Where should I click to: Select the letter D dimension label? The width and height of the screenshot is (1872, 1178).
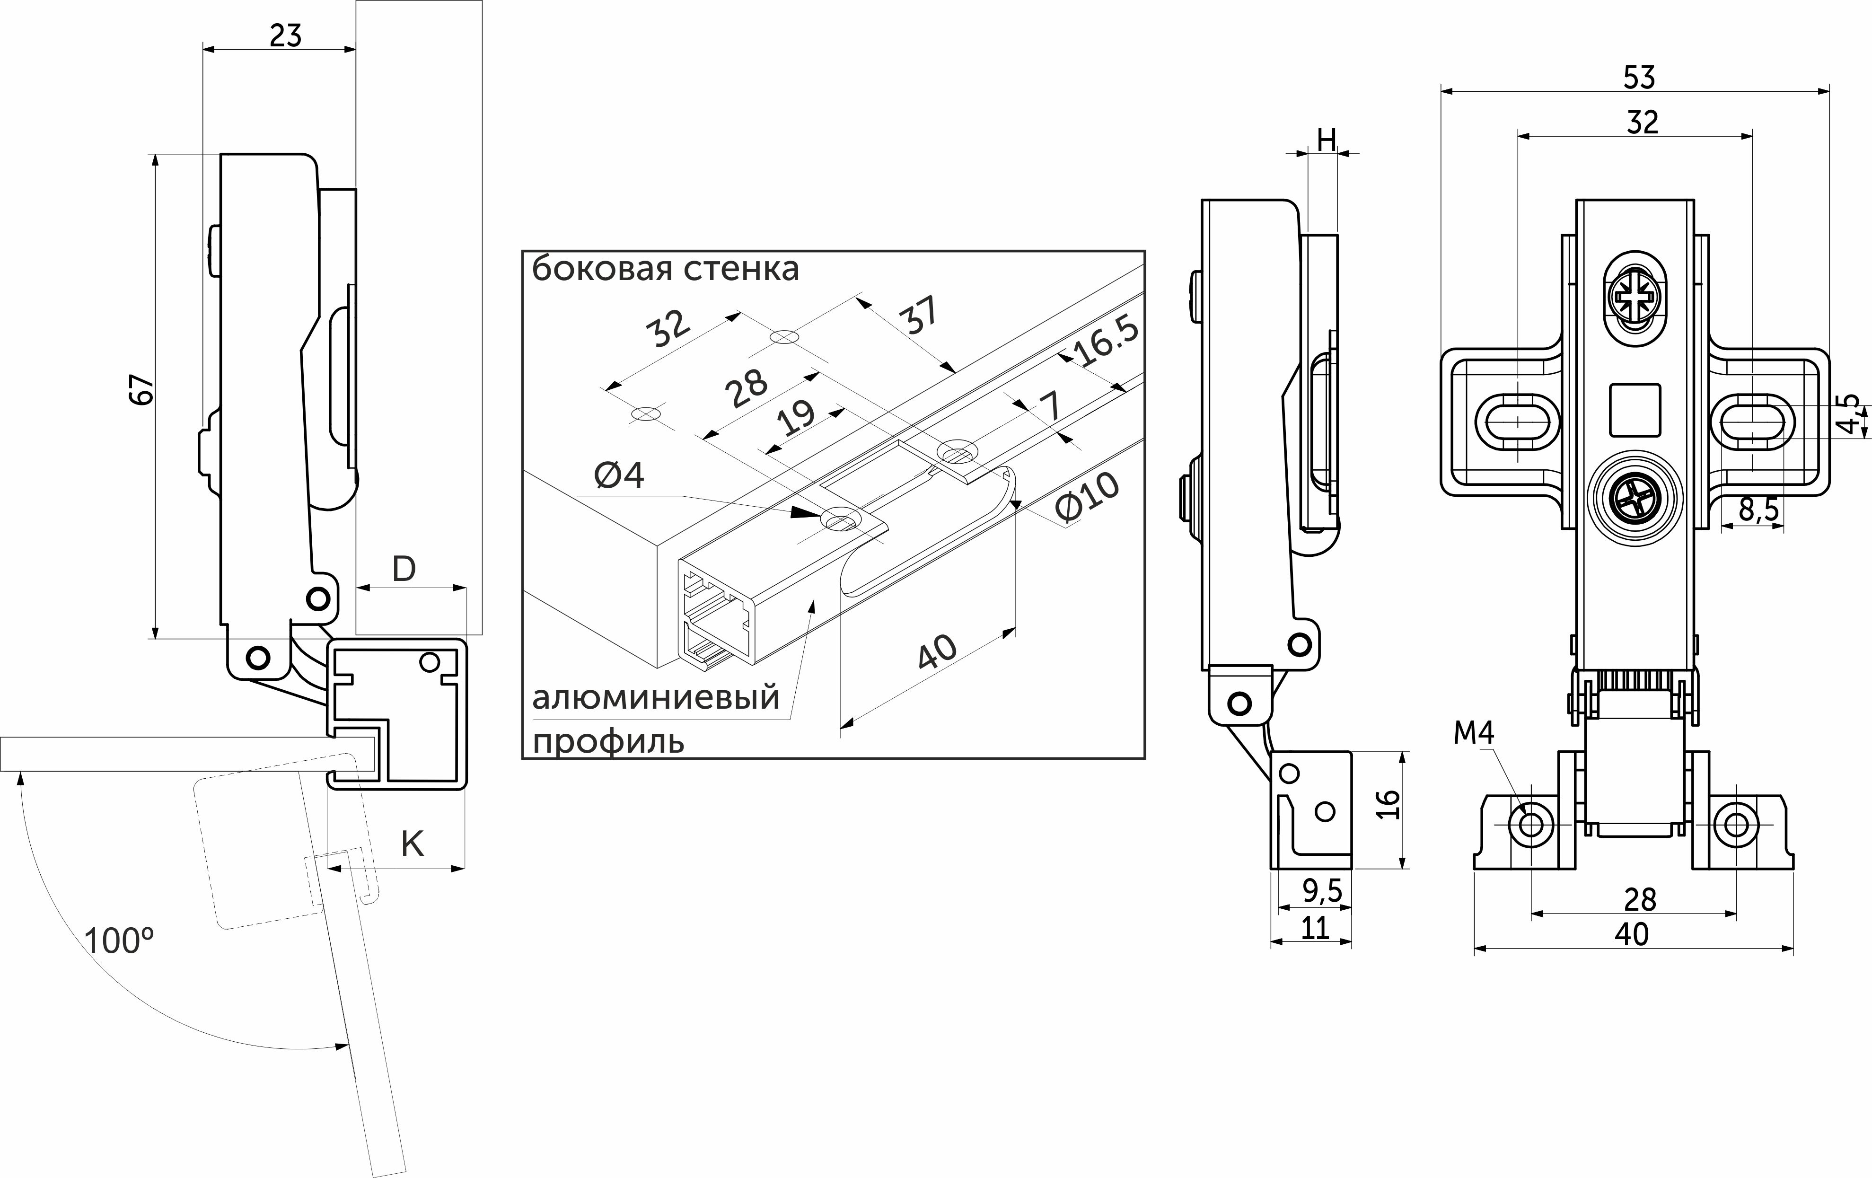[404, 570]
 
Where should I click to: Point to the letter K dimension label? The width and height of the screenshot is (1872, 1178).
[412, 844]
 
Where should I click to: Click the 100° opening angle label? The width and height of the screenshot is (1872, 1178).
[118, 941]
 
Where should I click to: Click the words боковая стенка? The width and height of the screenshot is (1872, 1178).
[666, 269]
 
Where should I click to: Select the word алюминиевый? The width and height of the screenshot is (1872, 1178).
[655, 697]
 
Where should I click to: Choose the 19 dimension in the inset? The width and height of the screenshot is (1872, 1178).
[797, 418]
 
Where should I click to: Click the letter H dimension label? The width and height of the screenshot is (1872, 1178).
[1326, 140]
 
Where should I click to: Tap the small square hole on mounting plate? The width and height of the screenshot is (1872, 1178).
[1634, 410]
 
